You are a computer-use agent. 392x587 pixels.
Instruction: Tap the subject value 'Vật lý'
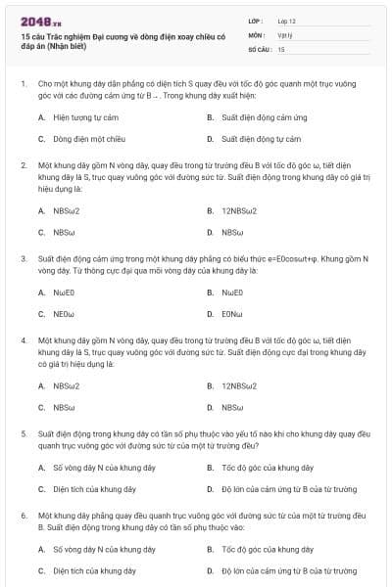284,34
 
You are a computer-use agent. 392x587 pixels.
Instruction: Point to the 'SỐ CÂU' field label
259,48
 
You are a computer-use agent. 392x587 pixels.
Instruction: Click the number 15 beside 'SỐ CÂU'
281,48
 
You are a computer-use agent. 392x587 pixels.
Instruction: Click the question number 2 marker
23,165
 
